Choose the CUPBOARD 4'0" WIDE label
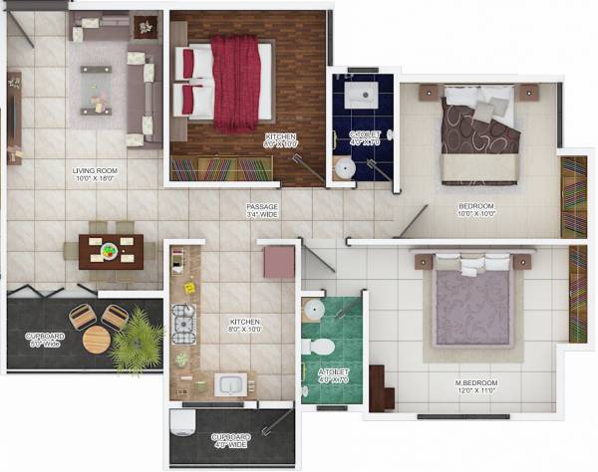(230, 441)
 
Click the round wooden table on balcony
(97, 339)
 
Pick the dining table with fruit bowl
(111, 250)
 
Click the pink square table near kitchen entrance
(279, 262)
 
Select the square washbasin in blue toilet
(359, 95)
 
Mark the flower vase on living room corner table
(147, 26)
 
